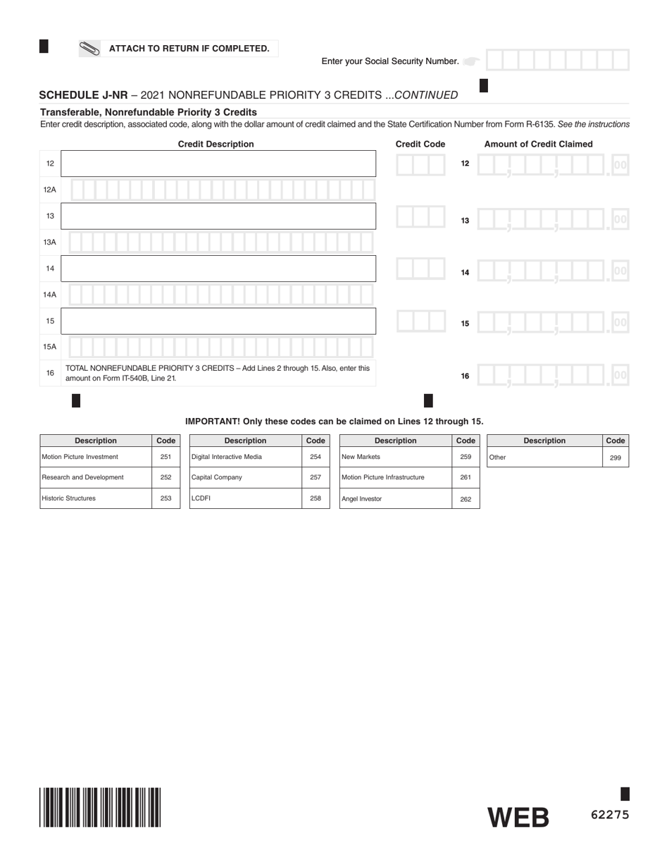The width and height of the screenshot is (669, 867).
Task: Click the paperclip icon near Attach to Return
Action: point(89,49)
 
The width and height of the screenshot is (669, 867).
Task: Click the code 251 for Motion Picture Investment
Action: point(165,457)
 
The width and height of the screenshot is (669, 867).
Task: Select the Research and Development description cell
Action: point(95,477)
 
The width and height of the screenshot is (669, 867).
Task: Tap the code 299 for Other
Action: point(615,457)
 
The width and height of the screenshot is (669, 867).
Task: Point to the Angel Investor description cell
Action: point(395,498)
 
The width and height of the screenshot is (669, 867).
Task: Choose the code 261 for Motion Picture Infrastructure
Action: point(465,477)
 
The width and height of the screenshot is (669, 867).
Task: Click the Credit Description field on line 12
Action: point(218,164)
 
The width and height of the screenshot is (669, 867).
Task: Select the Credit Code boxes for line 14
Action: point(420,269)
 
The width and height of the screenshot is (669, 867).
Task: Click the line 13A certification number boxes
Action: point(221,242)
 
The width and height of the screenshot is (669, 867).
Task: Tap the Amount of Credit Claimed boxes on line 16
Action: point(552,375)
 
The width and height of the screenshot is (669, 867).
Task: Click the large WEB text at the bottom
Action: point(518,818)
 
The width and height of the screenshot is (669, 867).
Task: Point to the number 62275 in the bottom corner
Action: point(609,815)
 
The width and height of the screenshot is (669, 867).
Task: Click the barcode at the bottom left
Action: point(100,807)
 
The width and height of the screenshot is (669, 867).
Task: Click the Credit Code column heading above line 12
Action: point(420,144)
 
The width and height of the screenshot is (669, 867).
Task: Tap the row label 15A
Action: point(50,347)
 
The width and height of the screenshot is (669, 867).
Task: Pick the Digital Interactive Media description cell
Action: point(245,457)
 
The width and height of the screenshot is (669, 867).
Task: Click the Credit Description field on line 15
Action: point(218,321)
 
